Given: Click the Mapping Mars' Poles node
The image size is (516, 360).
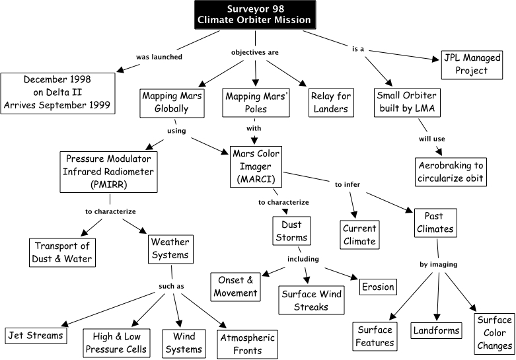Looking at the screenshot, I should point(256,102).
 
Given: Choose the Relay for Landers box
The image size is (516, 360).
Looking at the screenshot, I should point(330,102).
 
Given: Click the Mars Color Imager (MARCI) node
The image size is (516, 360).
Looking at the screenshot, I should point(255,166).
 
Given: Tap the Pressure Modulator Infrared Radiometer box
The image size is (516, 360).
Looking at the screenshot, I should point(108,172).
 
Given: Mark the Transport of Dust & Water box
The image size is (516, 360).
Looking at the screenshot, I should point(62,252).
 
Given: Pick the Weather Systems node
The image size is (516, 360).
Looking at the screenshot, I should point(170,248).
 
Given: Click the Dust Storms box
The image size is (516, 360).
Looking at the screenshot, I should point(292,231).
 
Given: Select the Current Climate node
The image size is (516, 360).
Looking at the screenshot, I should point(359,234).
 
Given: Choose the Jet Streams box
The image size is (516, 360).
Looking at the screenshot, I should point(36,335).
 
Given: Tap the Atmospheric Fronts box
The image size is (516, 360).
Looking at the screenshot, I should point(249,343).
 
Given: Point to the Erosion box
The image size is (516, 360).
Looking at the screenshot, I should point(377,287).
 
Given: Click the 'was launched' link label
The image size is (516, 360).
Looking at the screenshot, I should point(151,57).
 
